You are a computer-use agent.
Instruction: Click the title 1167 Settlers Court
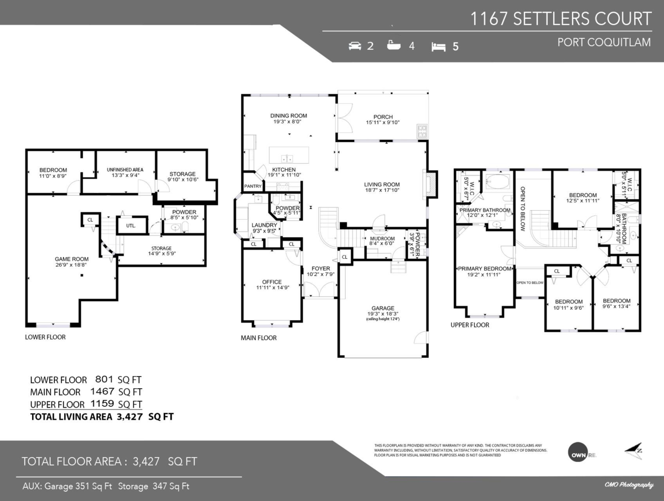tap(561, 19)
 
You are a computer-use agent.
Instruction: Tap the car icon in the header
tap(355, 46)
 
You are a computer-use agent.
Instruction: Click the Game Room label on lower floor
tap(71, 258)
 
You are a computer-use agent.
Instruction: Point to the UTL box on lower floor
tap(131, 226)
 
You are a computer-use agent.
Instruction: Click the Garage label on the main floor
tap(382, 308)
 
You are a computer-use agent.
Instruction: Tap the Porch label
tap(383, 117)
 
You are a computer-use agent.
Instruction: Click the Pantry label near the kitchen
tap(253, 186)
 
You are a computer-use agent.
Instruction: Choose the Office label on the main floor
tap(272, 282)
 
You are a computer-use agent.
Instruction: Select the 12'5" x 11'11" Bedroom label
tap(583, 198)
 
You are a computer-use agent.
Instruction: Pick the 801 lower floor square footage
tap(104, 380)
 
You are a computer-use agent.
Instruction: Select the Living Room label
tap(381, 185)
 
